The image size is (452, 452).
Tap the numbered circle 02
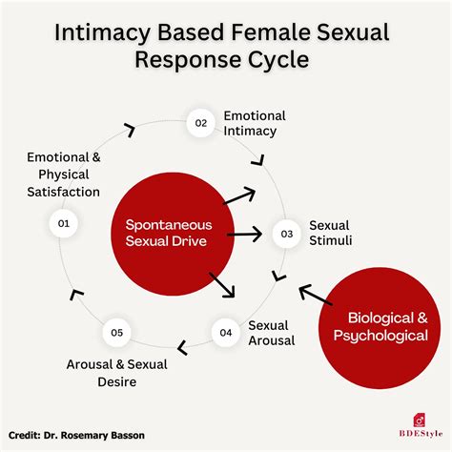pyautogui.click(x=201, y=124)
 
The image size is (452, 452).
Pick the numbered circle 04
pyautogui.click(x=226, y=333)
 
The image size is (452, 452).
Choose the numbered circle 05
pyautogui.click(x=116, y=333)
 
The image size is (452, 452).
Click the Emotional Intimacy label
pyautogui.click(x=255, y=124)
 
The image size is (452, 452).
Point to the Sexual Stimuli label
pyautogui.click(x=331, y=233)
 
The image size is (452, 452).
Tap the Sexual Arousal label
pyautogui.click(x=272, y=332)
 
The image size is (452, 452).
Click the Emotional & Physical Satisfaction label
pyautogui.click(x=63, y=174)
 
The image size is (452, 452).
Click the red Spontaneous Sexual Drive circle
pyautogui.click(x=168, y=233)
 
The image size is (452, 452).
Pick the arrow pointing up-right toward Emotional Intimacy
pyautogui.click(x=238, y=196)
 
